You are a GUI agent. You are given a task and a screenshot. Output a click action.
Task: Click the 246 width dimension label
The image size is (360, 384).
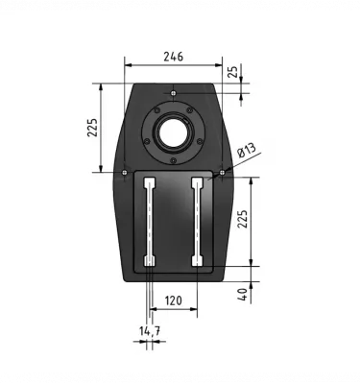(x=173, y=58)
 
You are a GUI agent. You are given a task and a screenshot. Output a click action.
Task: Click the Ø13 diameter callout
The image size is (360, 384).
(x=245, y=151)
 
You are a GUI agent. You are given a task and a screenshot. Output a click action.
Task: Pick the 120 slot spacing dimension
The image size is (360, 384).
(x=173, y=300)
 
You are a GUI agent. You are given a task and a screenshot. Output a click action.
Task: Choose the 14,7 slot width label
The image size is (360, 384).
(x=149, y=331)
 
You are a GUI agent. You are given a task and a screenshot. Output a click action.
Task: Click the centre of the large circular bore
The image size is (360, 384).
(x=174, y=132)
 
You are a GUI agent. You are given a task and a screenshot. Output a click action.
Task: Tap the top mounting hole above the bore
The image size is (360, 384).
(x=173, y=92)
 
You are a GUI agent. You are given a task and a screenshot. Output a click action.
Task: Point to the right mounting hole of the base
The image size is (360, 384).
(x=222, y=173)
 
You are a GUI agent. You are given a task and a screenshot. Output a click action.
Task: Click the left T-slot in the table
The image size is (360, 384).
(x=149, y=221)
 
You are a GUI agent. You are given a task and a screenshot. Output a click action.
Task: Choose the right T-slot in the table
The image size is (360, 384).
(x=197, y=221)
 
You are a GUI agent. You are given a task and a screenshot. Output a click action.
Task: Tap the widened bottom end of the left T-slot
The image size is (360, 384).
(x=149, y=261)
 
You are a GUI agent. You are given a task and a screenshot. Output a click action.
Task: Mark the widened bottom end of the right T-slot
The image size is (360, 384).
(x=197, y=261)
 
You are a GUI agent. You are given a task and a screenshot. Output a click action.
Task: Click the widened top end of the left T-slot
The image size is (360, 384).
(x=149, y=181)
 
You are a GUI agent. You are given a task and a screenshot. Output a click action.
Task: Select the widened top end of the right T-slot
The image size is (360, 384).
(x=197, y=181)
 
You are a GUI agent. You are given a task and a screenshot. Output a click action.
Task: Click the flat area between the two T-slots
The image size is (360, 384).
(x=173, y=221)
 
